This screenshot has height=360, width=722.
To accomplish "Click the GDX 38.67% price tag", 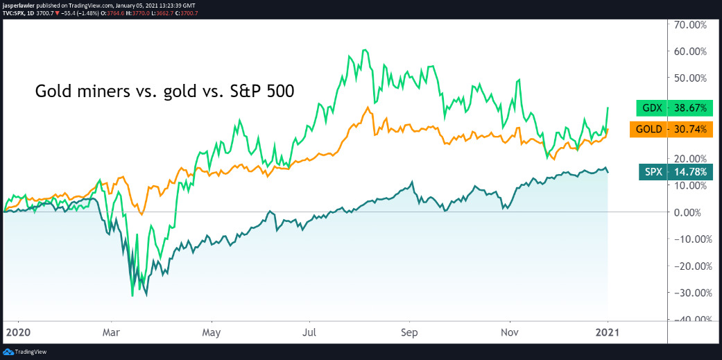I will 671,109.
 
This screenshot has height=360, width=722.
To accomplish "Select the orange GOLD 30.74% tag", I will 671,129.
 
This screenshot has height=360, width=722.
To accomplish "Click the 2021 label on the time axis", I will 608,333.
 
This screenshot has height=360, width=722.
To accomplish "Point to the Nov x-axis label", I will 510,333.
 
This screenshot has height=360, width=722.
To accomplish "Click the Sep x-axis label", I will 410,333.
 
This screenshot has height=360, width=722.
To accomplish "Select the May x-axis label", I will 212,333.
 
